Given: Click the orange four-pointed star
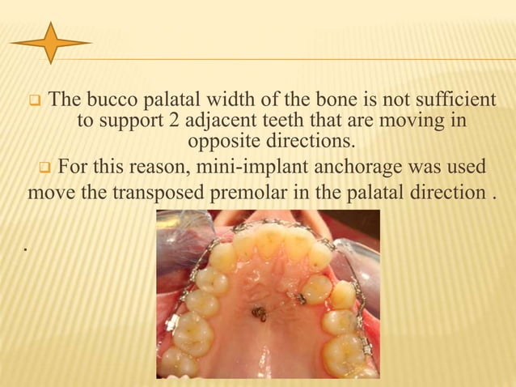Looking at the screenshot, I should (50, 43).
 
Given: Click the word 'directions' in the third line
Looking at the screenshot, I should (305, 142).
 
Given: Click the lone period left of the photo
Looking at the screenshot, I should (27, 249).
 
